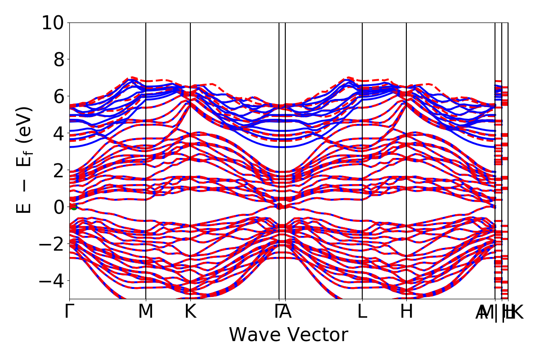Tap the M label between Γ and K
pos(146,312)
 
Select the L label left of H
pos(362,312)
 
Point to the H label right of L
pos(406,312)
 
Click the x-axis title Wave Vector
pos(288,335)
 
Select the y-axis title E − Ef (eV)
pos(25,160)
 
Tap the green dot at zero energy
pos(74,207)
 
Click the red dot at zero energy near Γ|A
pos(279,206)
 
